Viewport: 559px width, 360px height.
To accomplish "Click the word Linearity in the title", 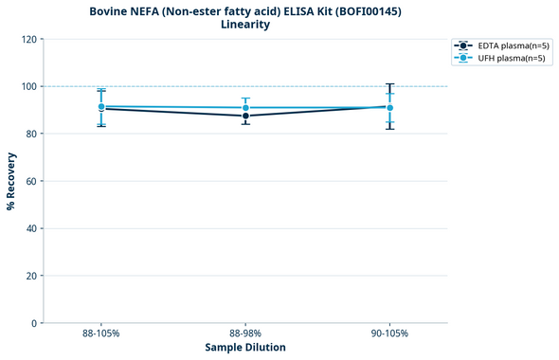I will [x=245, y=25].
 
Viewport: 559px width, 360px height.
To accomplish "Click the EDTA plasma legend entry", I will [x=497, y=45].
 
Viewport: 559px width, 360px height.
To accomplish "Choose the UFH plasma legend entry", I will [x=496, y=59].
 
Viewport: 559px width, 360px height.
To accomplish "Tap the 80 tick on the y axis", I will [x=30, y=134].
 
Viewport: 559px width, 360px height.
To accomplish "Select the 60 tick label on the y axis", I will [x=30, y=181].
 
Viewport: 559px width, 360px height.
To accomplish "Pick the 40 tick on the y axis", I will [x=30, y=228].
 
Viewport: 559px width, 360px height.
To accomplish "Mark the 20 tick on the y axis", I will [x=30, y=276].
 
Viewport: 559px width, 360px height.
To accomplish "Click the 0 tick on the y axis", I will [x=33, y=323].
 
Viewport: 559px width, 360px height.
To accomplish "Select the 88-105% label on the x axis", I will [x=101, y=333].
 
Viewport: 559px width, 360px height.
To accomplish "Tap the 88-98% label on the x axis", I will [x=245, y=333].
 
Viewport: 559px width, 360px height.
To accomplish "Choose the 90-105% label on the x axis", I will [x=389, y=333].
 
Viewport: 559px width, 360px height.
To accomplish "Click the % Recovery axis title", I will [x=11, y=181].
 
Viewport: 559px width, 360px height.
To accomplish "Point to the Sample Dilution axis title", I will [x=245, y=348].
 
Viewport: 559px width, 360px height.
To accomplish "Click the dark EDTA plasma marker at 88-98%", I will [x=245, y=116].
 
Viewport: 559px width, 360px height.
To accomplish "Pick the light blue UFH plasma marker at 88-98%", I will [x=245, y=107].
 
